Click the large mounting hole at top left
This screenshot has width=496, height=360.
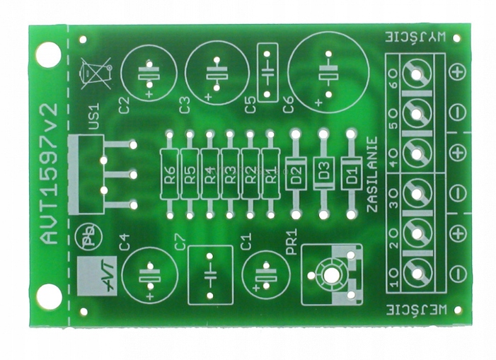tap(47, 52)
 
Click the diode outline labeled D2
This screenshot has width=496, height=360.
tap(295, 173)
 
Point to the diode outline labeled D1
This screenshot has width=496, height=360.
tap(350, 173)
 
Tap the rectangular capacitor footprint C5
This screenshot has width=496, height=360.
tap(267, 72)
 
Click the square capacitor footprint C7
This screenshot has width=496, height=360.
tap(210, 275)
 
